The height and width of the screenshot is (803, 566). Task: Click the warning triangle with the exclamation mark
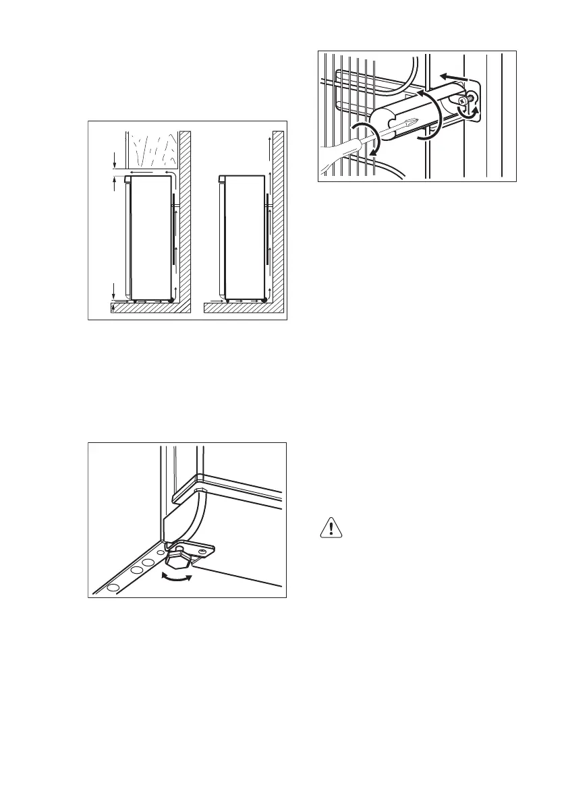click(x=330, y=528)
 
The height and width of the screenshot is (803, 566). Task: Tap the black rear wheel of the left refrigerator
click(x=171, y=299)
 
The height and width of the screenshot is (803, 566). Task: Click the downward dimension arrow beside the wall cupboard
click(x=115, y=161)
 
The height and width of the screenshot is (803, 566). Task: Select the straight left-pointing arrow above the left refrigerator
click(x=142, y=173)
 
